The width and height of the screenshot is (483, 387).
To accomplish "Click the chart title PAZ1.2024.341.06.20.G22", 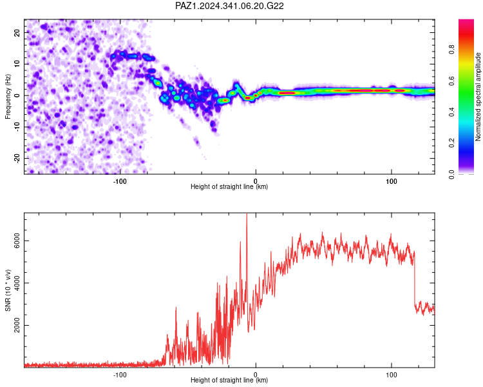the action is point(229,6).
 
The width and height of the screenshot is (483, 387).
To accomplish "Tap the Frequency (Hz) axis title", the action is point(8,97).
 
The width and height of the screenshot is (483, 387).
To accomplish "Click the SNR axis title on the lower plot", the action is point(8,290).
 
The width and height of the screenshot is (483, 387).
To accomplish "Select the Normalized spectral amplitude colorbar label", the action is point(478,97).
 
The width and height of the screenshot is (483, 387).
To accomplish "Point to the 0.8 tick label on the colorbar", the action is point(451,50).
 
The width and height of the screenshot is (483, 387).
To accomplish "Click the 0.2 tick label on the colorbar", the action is point(451,143).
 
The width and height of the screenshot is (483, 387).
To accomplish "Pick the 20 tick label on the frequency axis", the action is point(17,33).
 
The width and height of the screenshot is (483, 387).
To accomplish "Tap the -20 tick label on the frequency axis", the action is point(17,158).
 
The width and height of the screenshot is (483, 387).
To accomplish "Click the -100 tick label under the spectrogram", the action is point(120,181).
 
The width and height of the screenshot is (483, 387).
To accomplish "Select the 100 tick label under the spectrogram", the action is point(391,181).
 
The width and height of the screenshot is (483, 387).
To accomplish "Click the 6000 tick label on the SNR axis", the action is point(17,241).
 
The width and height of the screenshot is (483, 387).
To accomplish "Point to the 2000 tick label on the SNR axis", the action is point(17,325).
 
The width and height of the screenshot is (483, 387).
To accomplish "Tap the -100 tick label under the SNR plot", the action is point(120,375).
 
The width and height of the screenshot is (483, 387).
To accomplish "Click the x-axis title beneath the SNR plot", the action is point(229,380).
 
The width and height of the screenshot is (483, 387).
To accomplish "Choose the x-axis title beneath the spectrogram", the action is point(229,186).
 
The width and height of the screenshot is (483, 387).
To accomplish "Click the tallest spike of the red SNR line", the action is point(247,214).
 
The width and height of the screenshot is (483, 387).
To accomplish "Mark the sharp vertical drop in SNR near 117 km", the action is point(415,278).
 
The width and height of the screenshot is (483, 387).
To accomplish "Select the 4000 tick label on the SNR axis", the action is point(17,283).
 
